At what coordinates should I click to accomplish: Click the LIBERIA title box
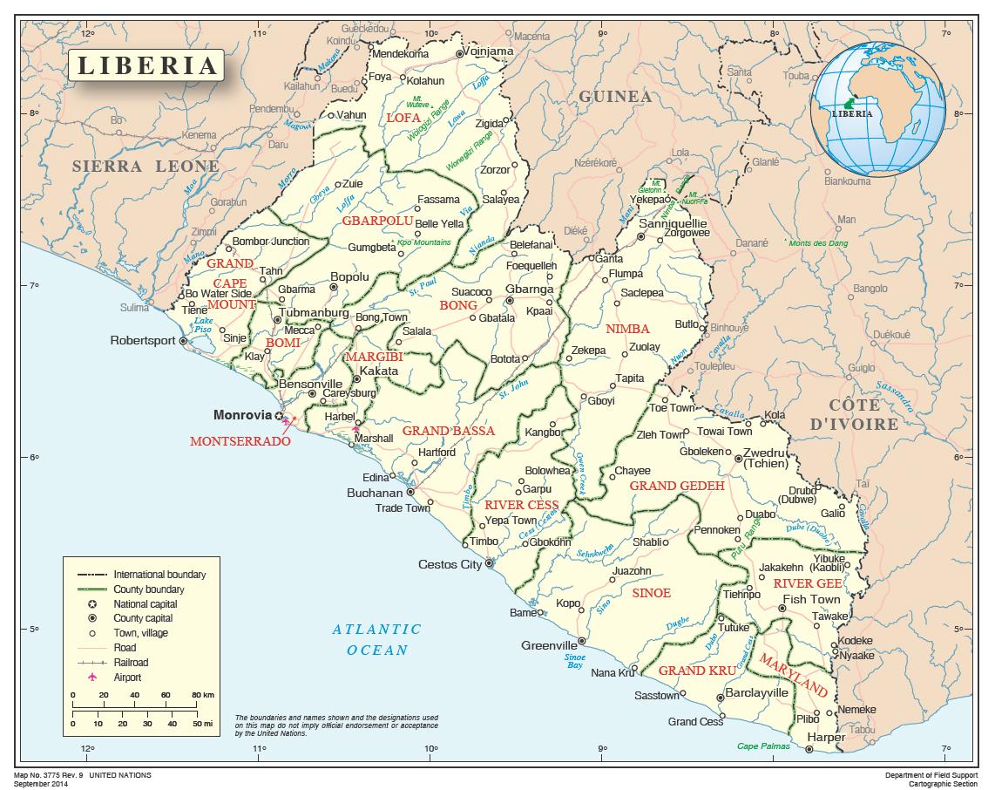[146, 66]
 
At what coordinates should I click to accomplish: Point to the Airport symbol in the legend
[91, 678]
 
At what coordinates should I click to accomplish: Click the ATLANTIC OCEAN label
[376, 639]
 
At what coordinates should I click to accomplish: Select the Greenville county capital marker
[582, 640]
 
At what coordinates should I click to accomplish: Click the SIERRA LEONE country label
[146, 166]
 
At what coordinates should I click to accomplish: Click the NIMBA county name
[627, 329]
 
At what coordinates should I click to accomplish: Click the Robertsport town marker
[183, 341]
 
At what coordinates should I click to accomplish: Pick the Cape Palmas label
[763, 746]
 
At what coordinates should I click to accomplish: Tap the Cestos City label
[450, 564]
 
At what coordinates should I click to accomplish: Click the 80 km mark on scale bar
[202, 694]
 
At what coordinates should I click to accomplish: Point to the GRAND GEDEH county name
[677, 486]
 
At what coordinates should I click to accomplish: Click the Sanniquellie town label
[674, 223]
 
